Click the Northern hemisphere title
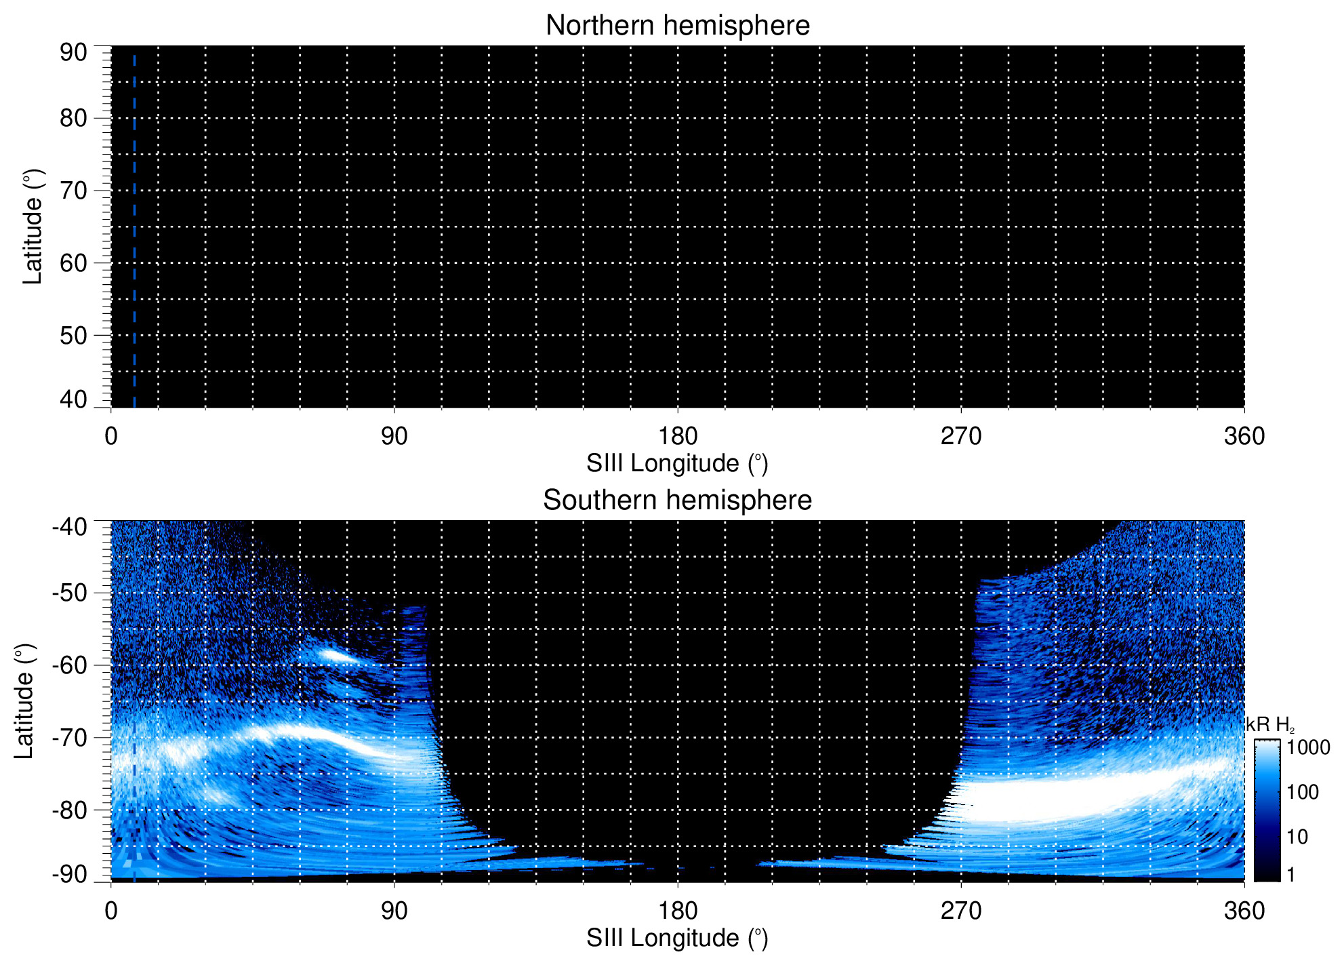[x=677, y=26]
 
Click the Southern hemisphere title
[x=677, y=500]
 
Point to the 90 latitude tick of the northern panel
[x=73, y=52]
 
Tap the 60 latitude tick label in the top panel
[x=73, y=263]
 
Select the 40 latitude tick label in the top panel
[x=73, y=399]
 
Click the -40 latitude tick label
[x=70, y=527]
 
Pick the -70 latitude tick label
[x=70, y=737]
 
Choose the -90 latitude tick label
[x=70, y=874]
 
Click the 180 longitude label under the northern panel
[x=677, y=436]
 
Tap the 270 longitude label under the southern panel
[x=960, y=911]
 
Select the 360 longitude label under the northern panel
[x=1244, y=436]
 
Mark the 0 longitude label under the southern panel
[x=111, y=911]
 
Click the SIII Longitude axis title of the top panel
[x=677, y=464]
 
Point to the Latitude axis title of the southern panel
[x=24, y=702]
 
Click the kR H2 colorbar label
[x=1269, y=726]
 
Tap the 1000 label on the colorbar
[x=1308, y=748]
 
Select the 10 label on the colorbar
[x=1297, y=838]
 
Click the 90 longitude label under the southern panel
[x=394, y=911]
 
